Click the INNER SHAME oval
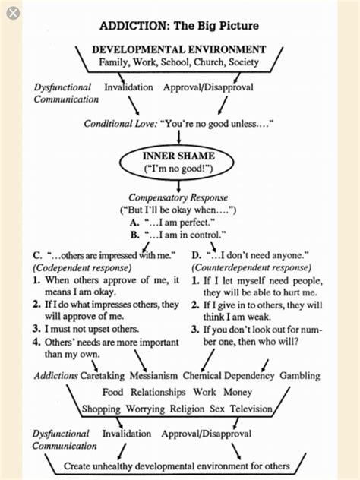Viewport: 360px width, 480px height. click(180, 161)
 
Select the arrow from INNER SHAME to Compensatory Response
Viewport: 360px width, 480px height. click(180, 187)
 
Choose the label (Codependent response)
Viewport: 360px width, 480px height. click(78, 267)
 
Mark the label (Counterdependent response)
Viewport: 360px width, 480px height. click(251, 267)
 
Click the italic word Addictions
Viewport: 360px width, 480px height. click(55, 376)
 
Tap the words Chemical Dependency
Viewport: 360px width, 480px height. click(228, 376)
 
